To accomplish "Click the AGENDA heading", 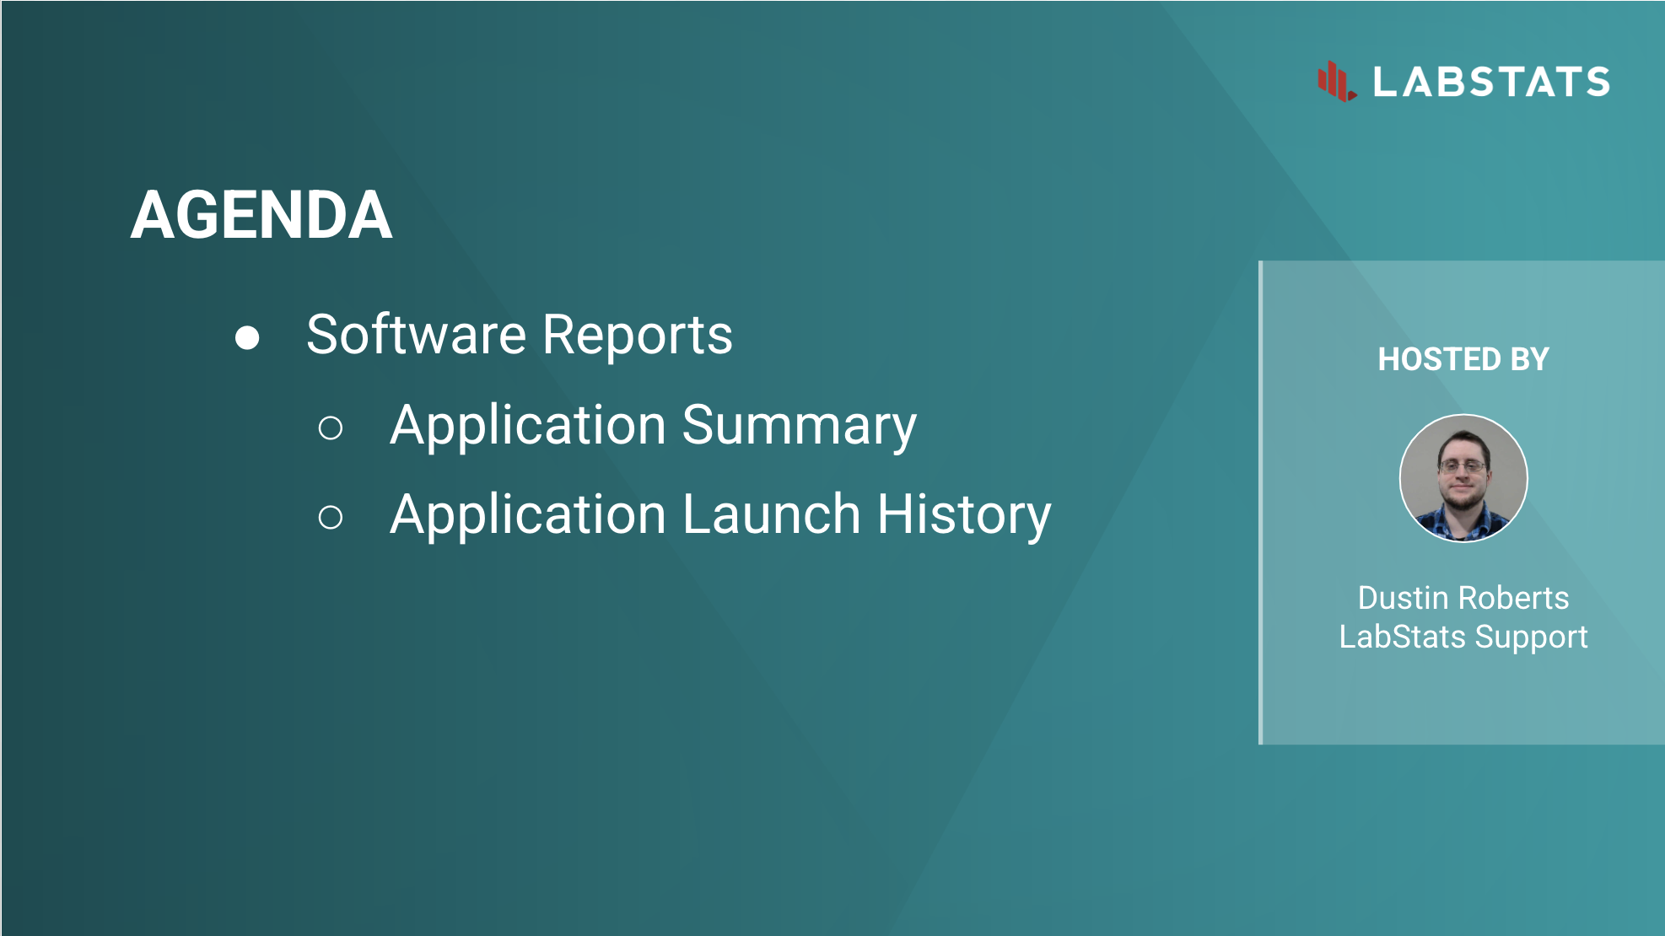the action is coord(261,215).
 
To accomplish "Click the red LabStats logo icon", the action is coord(1337,82).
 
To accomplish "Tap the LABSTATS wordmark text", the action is coord(1491,82).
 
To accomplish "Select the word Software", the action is coord(417,334).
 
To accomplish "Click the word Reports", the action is coord(638,334).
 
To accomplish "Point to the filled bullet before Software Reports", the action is coord(247,337).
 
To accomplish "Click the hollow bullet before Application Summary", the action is coord(331,428).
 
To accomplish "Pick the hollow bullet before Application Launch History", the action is coord(331,517).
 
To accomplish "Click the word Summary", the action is coord(800,427).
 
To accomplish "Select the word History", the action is coord(964,515).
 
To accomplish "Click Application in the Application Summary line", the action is coord(528,426).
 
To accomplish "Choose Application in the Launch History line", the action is coord(528,515).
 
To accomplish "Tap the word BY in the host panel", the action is coord(1530,359).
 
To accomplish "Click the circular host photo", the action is coord(1463,478).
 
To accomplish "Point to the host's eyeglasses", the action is coord(1463,466).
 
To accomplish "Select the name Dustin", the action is coord(1404,598).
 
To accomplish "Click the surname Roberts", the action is coord(1516,598).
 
